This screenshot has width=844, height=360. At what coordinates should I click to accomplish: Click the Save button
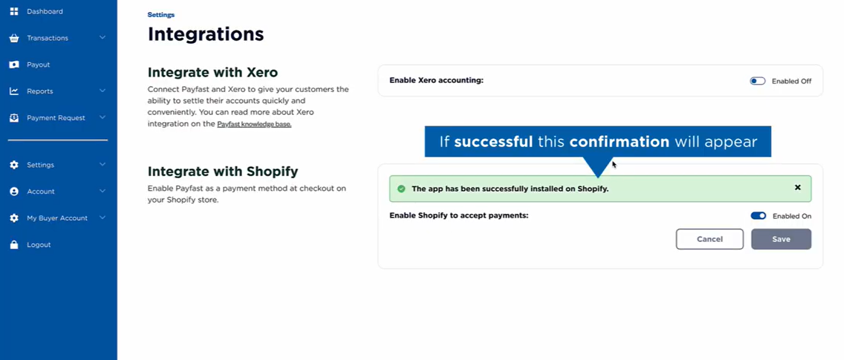tap(781, 239)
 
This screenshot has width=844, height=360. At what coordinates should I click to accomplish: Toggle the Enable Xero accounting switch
tap(757, 81)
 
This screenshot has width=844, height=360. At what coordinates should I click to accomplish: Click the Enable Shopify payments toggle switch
tap(758, 216)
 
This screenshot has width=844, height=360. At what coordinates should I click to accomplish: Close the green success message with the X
tap(798, 188)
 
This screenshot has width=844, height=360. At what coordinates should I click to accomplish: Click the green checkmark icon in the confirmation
tap(401, 189)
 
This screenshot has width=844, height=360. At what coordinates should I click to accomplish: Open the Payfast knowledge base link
tap(254, 124)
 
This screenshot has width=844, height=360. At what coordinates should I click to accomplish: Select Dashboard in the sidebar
tap(45, 11)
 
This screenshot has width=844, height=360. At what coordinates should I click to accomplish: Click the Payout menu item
tap(38, 64)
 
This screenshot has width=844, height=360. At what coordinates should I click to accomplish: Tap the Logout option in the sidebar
tap(38, 245)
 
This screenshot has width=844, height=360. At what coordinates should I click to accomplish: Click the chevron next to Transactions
tap(102, 38)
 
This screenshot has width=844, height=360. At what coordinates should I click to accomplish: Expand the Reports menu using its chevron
tap(102, 91)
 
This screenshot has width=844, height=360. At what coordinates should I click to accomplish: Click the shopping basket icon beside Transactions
tap(14, 38)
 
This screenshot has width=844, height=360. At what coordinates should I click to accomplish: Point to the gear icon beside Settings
tap(14, 165)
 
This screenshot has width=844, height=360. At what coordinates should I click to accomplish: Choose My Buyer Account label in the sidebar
tap(57, 218)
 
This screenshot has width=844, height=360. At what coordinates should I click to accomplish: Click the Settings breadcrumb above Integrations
tap(161, 15)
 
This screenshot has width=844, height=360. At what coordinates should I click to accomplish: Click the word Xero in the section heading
tap(262, 72)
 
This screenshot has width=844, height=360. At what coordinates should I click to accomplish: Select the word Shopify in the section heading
tap(272, 172)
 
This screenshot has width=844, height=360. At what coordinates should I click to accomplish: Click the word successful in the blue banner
tap(493, 142)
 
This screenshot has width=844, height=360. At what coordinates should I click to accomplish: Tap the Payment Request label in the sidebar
tap(56, 118)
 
